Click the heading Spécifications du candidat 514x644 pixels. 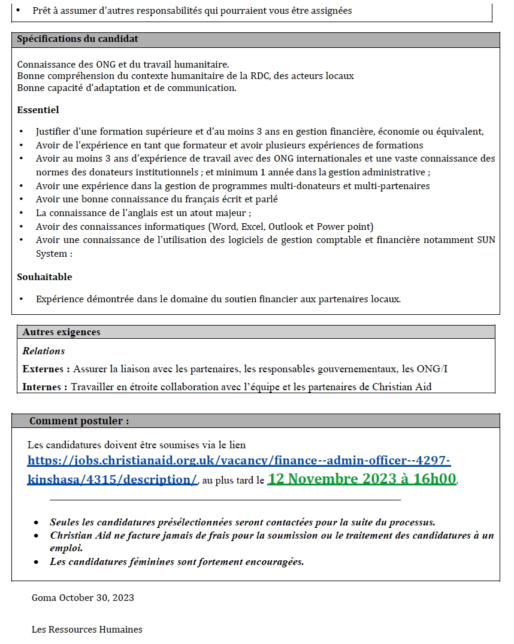click(x=77, y=39)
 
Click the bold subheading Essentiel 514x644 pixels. click(x=38, y=110)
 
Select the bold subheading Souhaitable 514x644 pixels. click(x=44, y=277)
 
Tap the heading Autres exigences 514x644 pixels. click(x=61, y=332)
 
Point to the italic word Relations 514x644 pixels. click(x=43, y=351)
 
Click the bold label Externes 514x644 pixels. click(x=45, y=369)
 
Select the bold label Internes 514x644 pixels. click(x=44, y=387)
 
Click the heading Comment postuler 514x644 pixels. click(x=78, y=421)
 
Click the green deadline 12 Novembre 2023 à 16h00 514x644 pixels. click(x=362, y=479)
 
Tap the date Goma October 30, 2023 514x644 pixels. click(x=83, y=597)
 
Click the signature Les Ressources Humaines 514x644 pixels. click(x=87, y=629)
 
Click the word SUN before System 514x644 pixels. click(x=486, y=240)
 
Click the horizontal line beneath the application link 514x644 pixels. click(x=225, y=499)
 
